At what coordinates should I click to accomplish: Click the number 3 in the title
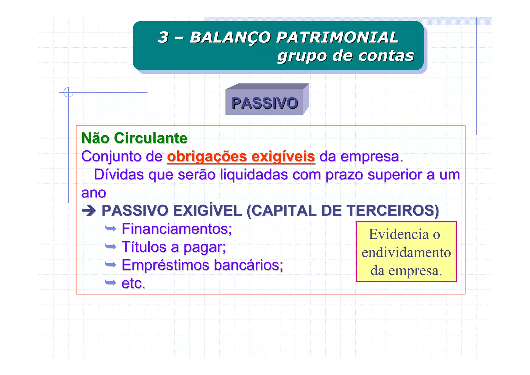tap(163, 37)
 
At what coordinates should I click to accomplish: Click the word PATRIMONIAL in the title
tap(337, 37)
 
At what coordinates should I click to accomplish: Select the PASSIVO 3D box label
tap(264, 103)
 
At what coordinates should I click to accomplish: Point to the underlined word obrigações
tap(207, 157)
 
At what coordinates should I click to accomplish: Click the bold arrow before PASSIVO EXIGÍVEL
tap(89, 210)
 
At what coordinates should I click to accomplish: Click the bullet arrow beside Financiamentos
tap(111, 228)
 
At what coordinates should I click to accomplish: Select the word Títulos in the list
tap(144, 247)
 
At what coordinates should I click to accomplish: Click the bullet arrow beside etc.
tap(111, 282)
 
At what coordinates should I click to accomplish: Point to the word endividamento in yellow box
tap(406, 253)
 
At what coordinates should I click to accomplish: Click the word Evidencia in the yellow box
tap(399, 234)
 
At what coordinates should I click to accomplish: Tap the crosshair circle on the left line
tap(68, 92)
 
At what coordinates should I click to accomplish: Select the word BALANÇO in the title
tap(230, 37)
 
